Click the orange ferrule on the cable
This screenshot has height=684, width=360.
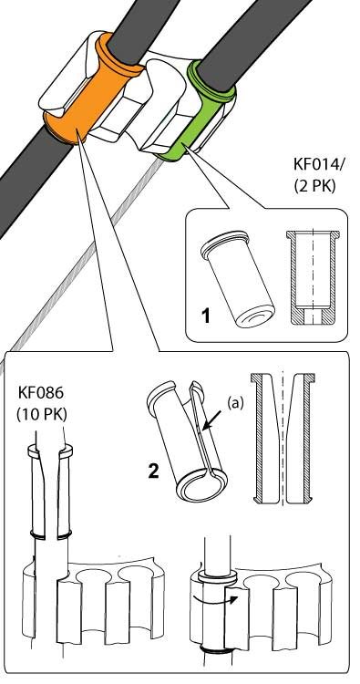[x=90, y=91]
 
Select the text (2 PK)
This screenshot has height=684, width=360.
[x=314, y=186]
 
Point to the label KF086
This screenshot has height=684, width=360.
[x=41, y=392]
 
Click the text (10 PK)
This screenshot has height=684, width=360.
[x=42, y=414]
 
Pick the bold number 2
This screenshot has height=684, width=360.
[x=153, y=472]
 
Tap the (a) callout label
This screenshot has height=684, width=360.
[x=235, y=403]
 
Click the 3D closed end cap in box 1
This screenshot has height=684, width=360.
[x=238, y=279]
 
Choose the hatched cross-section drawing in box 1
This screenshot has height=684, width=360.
[x=313, y=278]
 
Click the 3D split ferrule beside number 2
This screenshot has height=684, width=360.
[x=188, y=440]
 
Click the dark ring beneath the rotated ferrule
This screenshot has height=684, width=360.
[x=217, y=651]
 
